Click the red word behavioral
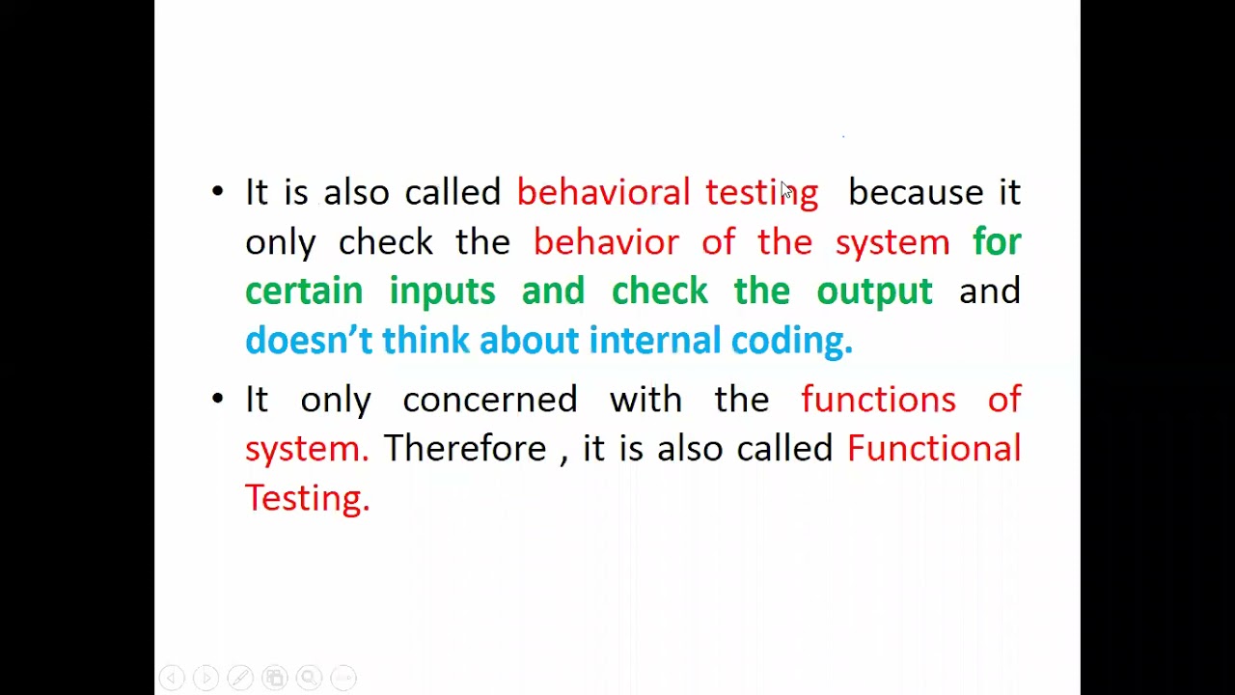[x=603, y=192]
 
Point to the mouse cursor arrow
[x=785, y=191]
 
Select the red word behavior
[x=606, y=241]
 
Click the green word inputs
[x=442, y=291]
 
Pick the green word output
[x=874, y=291]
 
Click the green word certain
[x=304, y=291]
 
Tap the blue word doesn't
[x=308, y=340]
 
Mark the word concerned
[x=489, y=399]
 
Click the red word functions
[x=878, y=399]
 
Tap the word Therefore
[x=464, y=448]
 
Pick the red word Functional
[x=933, y=448]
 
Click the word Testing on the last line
[x=307, y=497]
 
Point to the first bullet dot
[x=217, y=191]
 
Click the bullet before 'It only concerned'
[x=217, y=398]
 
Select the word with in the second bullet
[x=645, y=399]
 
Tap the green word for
[x=997, y=241]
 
